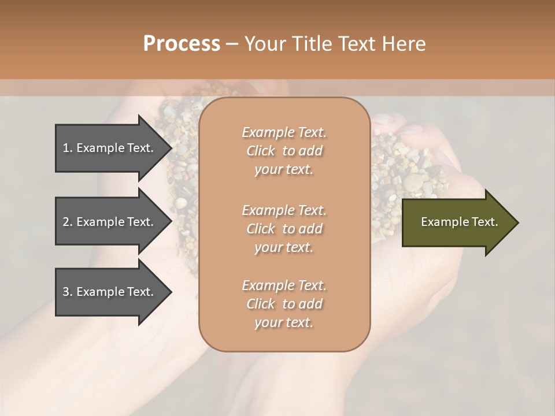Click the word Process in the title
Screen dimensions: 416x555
(182, 44)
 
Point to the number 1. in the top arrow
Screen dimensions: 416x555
(68, 148)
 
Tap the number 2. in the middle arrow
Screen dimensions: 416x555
(68, 222)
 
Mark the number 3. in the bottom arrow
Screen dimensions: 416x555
(68, 292)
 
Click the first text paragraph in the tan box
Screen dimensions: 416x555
(284, 150)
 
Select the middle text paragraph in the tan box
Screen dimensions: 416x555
(284, 229)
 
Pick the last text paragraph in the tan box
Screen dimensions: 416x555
(284, 304)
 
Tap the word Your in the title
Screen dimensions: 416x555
(263, 44)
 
